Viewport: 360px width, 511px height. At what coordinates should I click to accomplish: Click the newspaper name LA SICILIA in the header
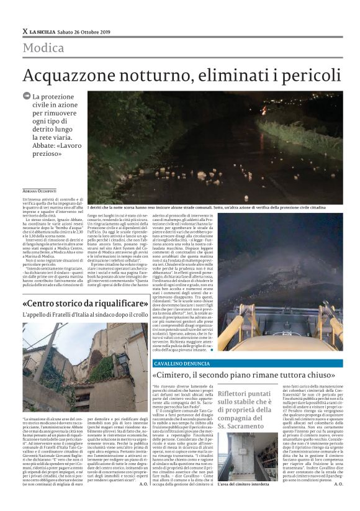[45, 32]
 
